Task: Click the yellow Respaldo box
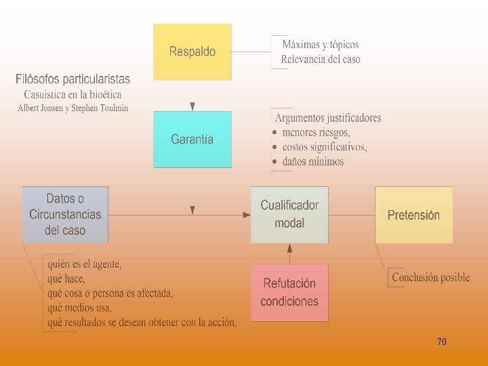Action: pyautogui.click(x=192, y=52)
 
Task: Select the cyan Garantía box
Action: pyautogui.click(x=192, y=140)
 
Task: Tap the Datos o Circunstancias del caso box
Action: pyautogui.click(x=65, y=214)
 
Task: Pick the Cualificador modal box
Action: pyautogui.click(x=289, y=214)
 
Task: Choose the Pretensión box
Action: pyautogui.click(x=413, y=215)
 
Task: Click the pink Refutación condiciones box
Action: pyautogui.click(x=289, y=292)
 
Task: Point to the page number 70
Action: pyautogui.click(x=441, y=342)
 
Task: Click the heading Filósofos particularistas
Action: pyautogui.click(x=74, y=80)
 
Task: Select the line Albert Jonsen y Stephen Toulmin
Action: pyautogui.click(x=73, y=108)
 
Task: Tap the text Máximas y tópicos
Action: pyautogui.click(x=321, y=45)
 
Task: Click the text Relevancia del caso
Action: pyautogui.click(x=321, y=59)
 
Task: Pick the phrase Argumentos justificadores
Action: pyautogui.click(x=328, y=118)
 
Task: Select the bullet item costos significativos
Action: pyautogui.click(x=325, y=147)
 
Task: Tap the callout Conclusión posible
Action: pyautogui.click(x=430, y=277)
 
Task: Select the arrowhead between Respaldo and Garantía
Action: pyautogui.click(x=193, y=106)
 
